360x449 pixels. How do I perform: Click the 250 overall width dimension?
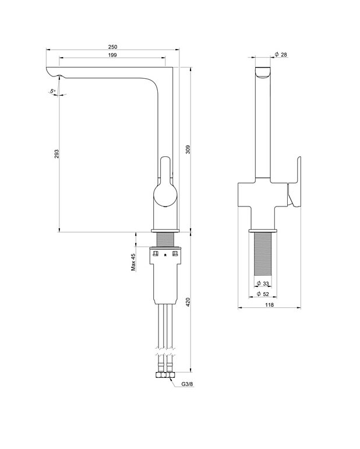112,46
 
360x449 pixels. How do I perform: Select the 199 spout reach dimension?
112,55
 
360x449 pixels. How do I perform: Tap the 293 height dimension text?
57,154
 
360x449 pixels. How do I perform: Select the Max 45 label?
133,262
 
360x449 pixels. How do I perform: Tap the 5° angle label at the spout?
52,91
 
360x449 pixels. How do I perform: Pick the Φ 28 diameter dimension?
281,55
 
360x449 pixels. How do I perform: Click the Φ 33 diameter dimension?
263,284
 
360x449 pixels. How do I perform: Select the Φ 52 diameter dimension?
263,294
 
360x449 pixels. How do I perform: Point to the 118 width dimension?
270,304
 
